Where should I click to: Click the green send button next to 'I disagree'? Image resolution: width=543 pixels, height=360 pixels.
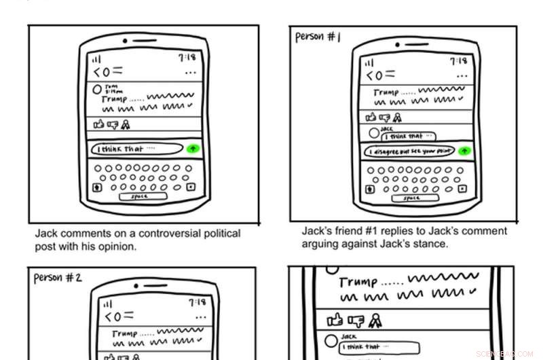coord(464,151)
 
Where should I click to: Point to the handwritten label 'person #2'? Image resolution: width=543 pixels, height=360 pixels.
coord(58,278)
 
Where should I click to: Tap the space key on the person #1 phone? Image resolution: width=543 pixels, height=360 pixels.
coord(411,198)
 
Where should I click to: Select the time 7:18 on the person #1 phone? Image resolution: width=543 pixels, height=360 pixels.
coord(459,61)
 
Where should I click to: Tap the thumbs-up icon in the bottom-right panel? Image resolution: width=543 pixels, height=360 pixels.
coord(335,319)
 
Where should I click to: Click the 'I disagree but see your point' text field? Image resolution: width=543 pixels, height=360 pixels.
coord(409,151)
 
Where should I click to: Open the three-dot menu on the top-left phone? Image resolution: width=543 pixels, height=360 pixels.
coord(191,72)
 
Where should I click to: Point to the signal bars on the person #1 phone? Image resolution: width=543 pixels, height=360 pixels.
coord(369,62)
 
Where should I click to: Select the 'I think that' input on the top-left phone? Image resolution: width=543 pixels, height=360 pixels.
coord(138,149)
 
